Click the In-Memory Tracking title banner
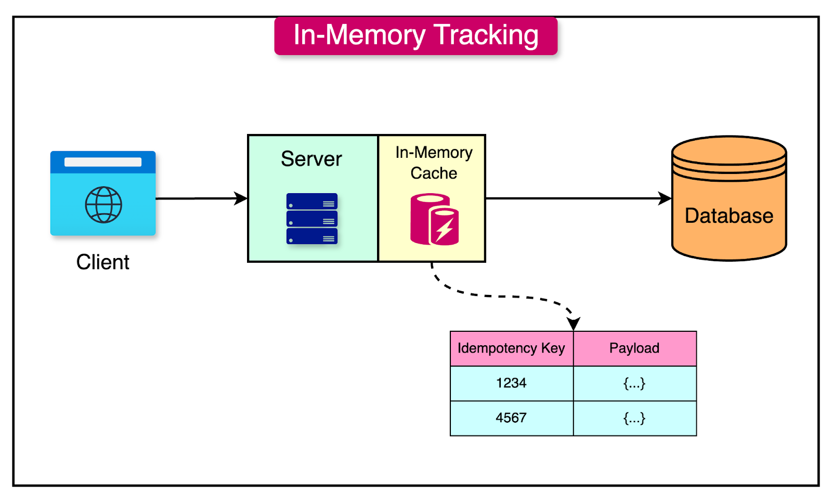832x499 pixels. [415, 35]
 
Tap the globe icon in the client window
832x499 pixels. [103, 205]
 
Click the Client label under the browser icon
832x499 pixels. [102, 262]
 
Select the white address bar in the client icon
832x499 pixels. [103, 162]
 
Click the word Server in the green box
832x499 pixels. [311, 159]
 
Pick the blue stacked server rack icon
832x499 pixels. [312, 219]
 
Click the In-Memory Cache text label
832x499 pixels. [434, 163]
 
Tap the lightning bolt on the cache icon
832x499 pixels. [445, 229]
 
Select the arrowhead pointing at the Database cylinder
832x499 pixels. [665, 198]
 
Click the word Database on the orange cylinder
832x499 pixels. [729, 215]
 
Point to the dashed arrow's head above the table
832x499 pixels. [574, 325]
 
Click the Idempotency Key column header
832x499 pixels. [511, 348]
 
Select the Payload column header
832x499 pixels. [634, 348]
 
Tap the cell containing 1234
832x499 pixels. [511, 383]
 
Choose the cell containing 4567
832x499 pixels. [511, 418]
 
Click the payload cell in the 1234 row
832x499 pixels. [634, 383]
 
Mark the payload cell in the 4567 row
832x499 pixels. [634, 418]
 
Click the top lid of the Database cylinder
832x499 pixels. [729, 150]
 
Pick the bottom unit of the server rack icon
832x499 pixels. [312, 237]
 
